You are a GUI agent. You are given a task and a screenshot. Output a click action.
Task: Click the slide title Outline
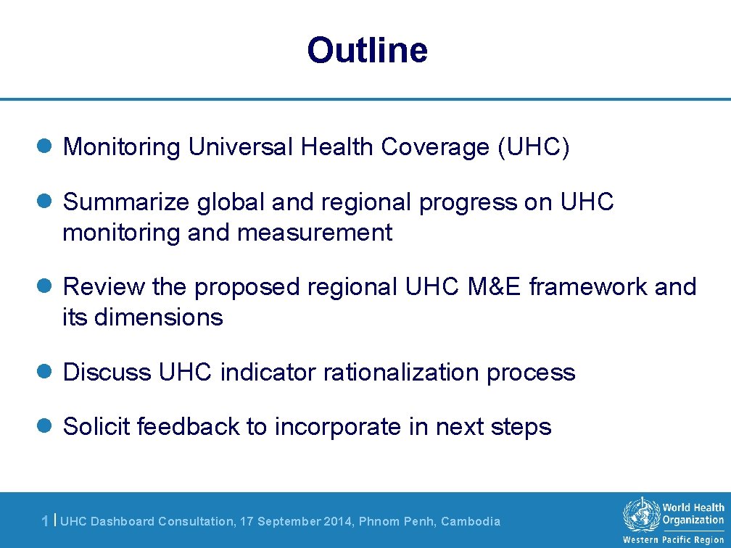(x=367, y=51)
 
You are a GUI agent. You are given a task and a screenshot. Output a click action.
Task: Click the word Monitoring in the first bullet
(x=122, y=147)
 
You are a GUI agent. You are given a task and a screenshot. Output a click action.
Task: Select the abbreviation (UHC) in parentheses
(x=534, y=147)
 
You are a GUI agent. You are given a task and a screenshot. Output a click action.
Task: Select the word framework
(x=588, y=287)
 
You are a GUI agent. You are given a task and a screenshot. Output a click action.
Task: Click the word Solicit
(x=96, y=427)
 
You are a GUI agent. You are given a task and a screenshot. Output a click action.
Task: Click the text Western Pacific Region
(x=674, y=540)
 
